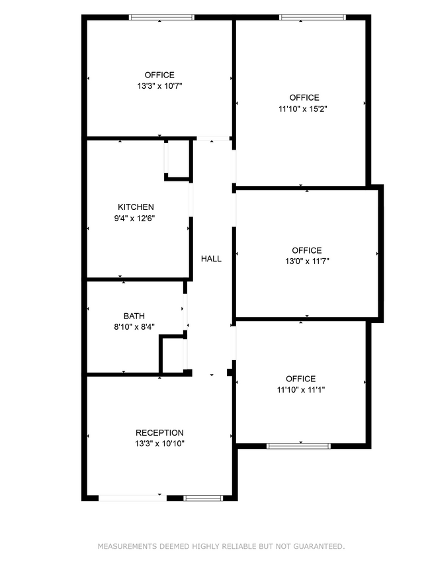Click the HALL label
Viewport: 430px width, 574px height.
tap(211, 259)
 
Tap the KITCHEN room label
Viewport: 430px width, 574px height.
tap(136, 207)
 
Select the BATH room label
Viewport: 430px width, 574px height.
tap(134, 316)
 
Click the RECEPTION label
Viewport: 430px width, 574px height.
tap(159, 433)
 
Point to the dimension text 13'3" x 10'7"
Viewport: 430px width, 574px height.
tap(159, 86)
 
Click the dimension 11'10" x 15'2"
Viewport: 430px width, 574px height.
tap(303, 109)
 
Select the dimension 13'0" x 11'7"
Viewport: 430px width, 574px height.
tap(307, 262)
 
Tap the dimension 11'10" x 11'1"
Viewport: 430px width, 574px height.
tap(301, 390)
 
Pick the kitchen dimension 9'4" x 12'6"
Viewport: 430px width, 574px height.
tap(134, 218)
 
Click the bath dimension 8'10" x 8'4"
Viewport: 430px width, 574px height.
tap(134, 327)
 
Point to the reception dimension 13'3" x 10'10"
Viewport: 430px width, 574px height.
tap(159, 444)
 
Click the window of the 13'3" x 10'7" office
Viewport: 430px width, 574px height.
tap(161, 17)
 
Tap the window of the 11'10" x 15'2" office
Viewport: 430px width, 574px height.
tap(313, 17)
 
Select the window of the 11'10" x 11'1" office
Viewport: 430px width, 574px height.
tap(299, 446)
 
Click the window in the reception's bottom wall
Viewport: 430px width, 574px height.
tap(203, 499)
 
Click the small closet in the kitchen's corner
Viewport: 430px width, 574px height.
tap(178, 160)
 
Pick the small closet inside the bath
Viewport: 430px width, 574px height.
tap(173, 355)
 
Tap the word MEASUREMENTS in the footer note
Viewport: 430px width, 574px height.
tap(127, 547)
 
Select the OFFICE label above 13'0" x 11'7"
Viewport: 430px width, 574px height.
tap(307, 250)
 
